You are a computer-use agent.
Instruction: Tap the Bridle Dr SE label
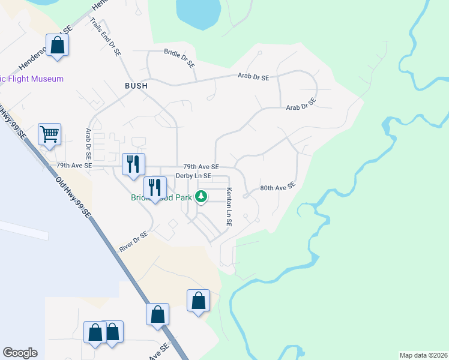click(179, 58)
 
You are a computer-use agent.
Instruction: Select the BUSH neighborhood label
click(136, 86)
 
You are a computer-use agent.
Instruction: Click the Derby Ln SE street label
click(193, 176)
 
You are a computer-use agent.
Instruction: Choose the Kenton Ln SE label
click(229, 207)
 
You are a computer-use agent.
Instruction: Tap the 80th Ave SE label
click(279, 187)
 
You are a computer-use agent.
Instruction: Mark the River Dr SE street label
click(133, 242)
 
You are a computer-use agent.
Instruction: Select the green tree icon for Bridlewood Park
click(203, 196)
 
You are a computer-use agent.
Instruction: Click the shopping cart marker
click(49, 134)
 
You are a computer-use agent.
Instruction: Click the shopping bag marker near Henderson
click(58, 45)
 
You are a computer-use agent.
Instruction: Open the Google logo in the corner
click(20, 353)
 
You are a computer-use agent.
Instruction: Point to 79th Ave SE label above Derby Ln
click(201, 167)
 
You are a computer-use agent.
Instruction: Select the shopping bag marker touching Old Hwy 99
click(157, 314)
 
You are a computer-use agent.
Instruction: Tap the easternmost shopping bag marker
click(198, 301)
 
